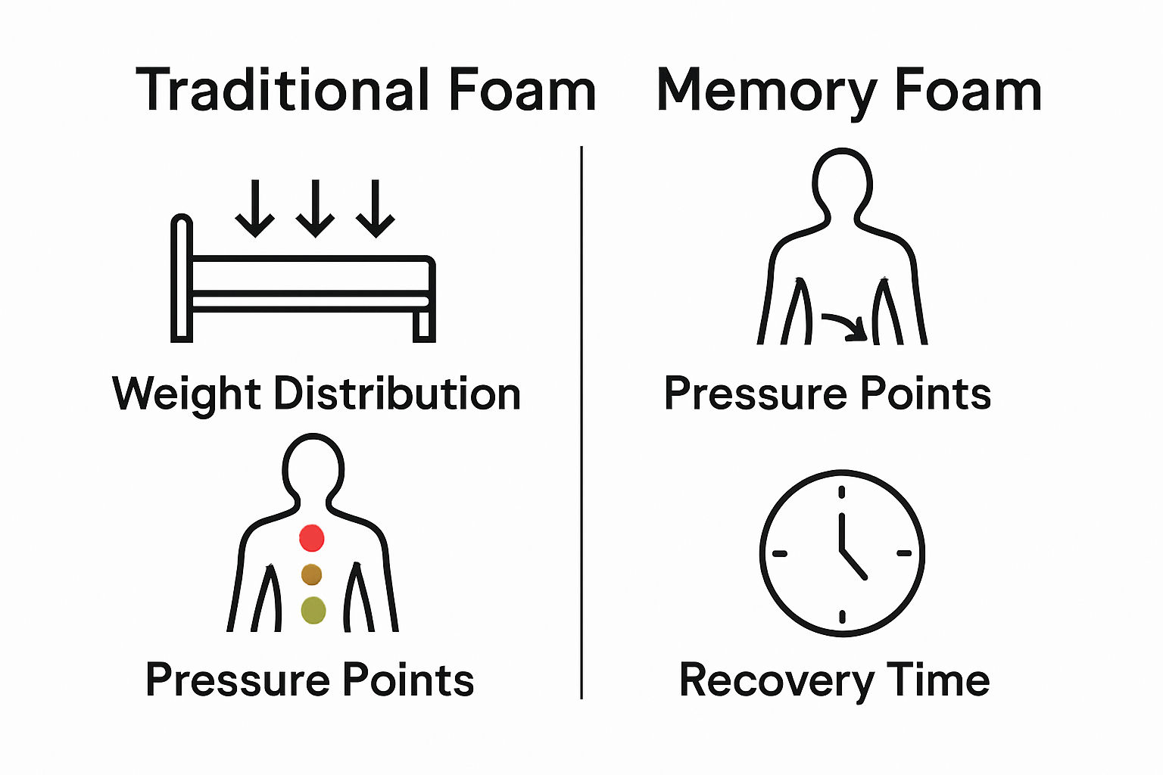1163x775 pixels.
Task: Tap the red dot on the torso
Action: pyautogui.click(x=312, y=538)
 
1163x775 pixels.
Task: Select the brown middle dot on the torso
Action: pyautogui.click(x=312, y=574)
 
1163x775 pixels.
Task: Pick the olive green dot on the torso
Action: pyautogui.click(x=313, y=610)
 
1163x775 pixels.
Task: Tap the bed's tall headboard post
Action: pyautogui.click(x=182, y=280)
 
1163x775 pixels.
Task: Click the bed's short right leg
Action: pyautogui.click(x=424, y=325)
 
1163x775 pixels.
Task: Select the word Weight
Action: pyautogui.click(x=187, y=394)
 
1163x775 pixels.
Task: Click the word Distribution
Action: pyautogui.click(x=398, y=394)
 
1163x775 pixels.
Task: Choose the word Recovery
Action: pyautogui.click(x=777, y=680)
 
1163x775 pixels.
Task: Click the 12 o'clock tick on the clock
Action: pyautogui.click(x=842, y=493)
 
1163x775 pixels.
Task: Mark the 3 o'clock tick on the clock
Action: pyautogui.click(x=904, y=553)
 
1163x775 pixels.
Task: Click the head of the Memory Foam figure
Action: pyautogui.click(x=842, y=182)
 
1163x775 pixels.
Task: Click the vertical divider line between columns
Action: pyautogui.click(x=581, y=424)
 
